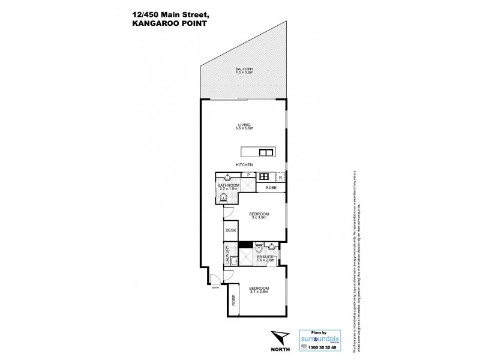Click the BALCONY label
point(244,70)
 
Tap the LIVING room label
point(244,125)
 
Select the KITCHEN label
point(244,165)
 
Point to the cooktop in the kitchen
point(263,176)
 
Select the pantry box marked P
point(248,175)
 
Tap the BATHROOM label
point(229,186)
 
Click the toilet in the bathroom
point(223,199)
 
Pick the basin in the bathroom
point(227,176)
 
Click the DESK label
point(230,230)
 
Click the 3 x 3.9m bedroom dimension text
point(259,218)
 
